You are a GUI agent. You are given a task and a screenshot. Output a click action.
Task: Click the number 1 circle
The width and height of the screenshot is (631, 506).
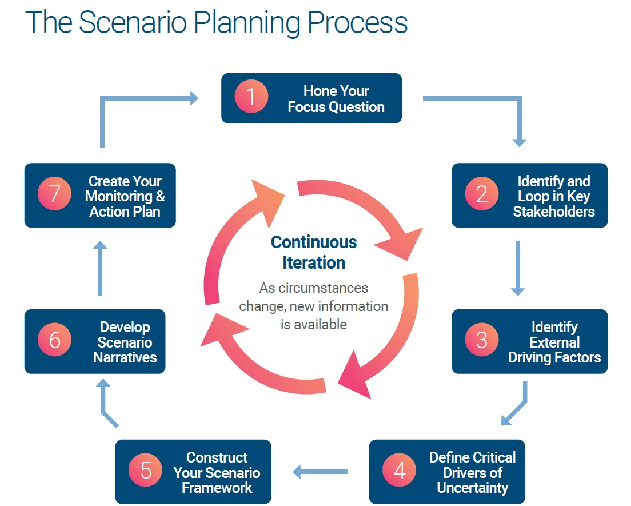pyautogui.click(x=251, y=98)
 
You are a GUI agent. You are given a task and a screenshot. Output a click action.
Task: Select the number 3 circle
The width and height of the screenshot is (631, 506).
pyautogui.click(x=482, y=341)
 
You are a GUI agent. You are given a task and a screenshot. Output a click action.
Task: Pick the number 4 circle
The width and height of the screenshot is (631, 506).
pyautogui.click(x=400, y=471)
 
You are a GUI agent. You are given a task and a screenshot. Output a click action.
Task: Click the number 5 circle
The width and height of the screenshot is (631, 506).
pyautogui.click(x=146, y=471)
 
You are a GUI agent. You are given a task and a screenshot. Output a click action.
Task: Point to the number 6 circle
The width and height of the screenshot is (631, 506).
pyautogui.click(x=54, y=341)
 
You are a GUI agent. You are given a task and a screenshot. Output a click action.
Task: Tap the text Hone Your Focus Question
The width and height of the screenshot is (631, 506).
pyautogui.click(x=336, y=99)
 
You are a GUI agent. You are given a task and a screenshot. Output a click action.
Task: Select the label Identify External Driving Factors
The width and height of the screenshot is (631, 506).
pyautogui.click(x=554, y=342)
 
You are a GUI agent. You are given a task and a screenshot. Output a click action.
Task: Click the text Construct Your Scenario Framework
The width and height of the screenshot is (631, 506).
pyautogui.click(x=217, y=473)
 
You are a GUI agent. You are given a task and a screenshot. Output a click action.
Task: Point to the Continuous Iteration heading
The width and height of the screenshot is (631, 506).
pyautogui.click(x=314, y=252)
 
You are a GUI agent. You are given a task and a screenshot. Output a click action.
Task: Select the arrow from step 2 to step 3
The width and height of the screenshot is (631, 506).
pyautogui.click(x=517, y=268)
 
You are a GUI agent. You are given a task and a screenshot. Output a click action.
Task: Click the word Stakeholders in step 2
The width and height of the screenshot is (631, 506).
pyautogui.click(x=554, y=212)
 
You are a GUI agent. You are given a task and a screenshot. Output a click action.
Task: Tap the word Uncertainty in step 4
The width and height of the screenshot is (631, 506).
pyautogui.click(x=472, y=488)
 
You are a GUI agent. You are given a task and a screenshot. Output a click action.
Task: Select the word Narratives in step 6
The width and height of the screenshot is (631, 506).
pyautogui.click(x=125, y=358)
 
